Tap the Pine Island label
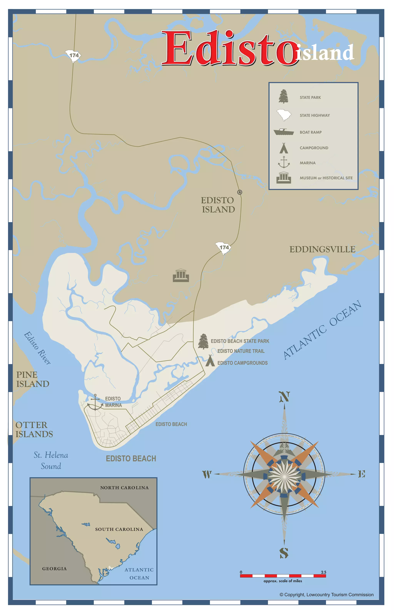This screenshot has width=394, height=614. click(x=33, y=379)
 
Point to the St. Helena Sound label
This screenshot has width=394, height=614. click(x=51, y=460)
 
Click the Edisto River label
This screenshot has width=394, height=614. click(x=37, y=348)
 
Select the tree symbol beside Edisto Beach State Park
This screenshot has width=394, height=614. click(x=203, y=341)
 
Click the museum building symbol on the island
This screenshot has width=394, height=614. click(x=181, y=275)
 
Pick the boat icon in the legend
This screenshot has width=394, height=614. click(x=283, y=132)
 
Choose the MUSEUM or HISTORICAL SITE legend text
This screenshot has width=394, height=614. click(x=326, y=178)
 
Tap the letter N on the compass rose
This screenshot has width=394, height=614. click(x=284, y=397)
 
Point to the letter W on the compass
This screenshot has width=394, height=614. click(x=207, y=474)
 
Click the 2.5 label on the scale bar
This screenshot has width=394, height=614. click(x=323, y=572)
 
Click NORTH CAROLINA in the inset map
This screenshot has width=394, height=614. click(x=124, y=488)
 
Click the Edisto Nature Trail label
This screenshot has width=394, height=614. click(x=241, y=351)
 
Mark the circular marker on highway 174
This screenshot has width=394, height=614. click(x=240, y=192)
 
